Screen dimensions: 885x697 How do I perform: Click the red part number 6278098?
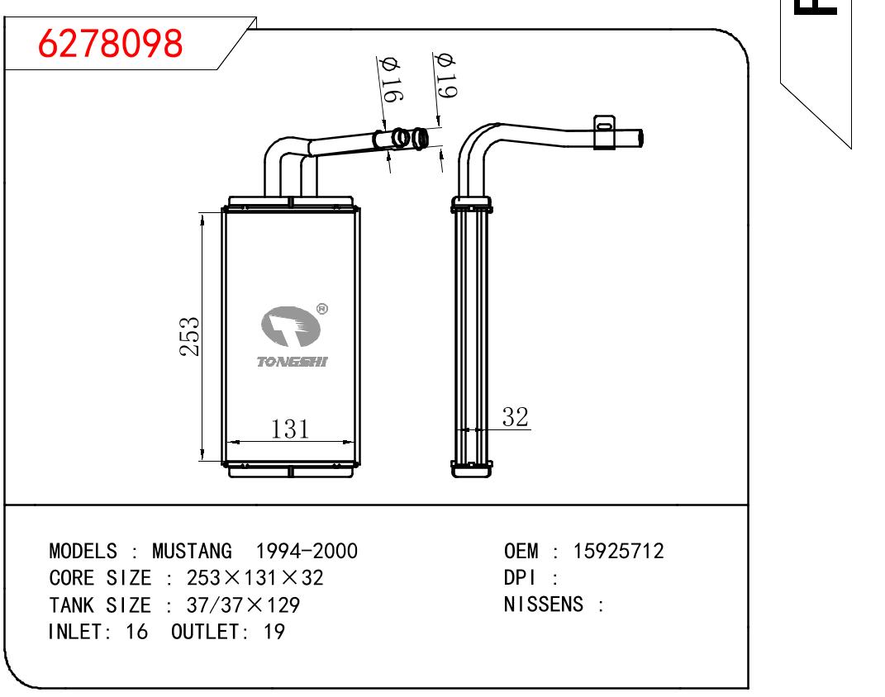110,44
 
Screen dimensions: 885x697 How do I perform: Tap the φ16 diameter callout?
391,79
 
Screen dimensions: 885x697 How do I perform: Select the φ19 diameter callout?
445,76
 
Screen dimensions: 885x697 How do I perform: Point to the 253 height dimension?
190,337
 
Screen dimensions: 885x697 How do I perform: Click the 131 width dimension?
290,429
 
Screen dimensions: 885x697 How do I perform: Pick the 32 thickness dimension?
516,417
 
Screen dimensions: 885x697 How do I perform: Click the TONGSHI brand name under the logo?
292,362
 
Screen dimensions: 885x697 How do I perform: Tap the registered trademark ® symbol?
322,309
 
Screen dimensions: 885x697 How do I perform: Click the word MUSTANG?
192,551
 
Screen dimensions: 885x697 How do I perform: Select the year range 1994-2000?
307,551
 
